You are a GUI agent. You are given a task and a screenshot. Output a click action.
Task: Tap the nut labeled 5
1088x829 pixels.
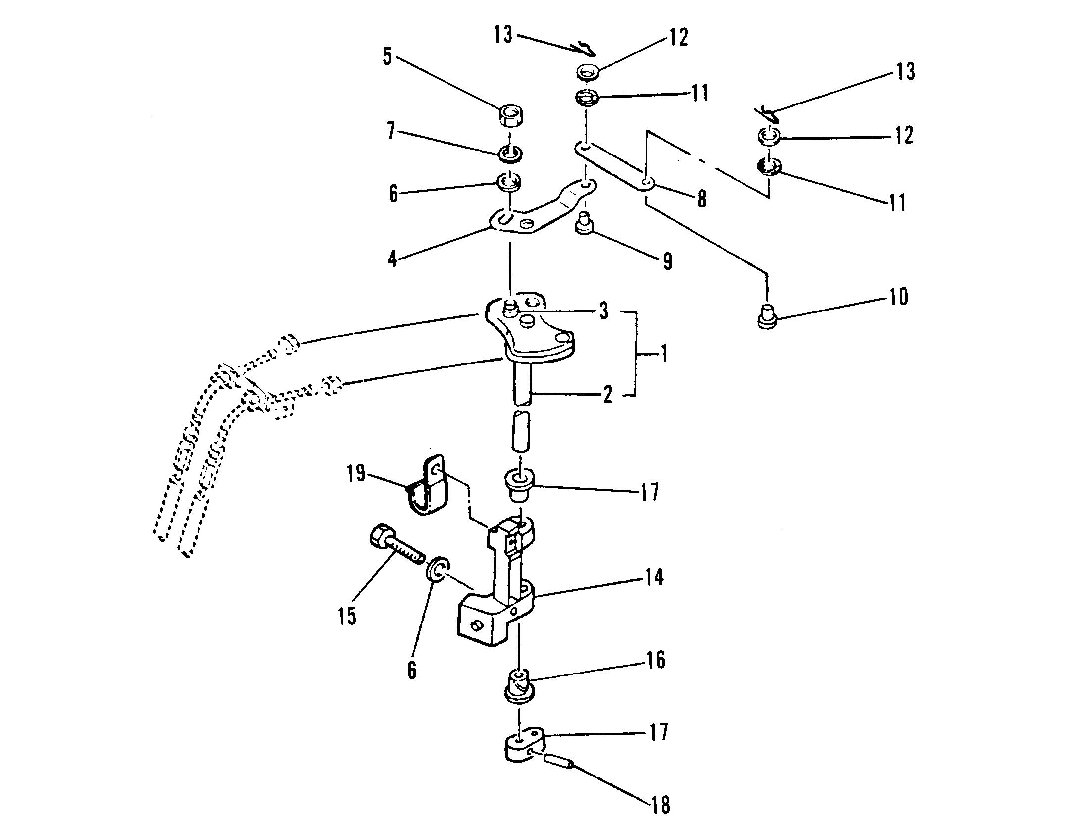pos(510,117)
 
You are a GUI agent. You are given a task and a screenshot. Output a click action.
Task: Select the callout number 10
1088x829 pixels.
pos(898,297)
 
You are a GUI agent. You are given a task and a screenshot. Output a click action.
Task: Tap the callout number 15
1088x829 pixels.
pos(347,616)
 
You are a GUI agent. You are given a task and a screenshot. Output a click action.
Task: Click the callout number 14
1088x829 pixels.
pos(654,577)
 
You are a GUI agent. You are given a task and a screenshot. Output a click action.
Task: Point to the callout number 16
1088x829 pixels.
pos(656,660)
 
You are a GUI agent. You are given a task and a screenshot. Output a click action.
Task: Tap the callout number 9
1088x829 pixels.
pos(667,261)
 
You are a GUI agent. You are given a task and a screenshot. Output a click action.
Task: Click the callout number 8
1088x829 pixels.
pos(701,199)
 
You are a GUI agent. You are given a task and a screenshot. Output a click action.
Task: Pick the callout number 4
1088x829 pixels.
pos(393,258)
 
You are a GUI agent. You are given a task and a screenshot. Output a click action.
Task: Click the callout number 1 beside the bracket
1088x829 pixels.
pos(664,354)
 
